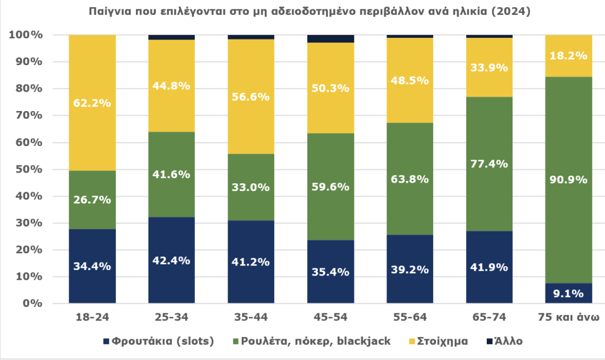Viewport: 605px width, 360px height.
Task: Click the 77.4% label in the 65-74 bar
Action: pos(490,164)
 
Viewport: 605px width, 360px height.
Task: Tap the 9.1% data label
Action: pos(569,292)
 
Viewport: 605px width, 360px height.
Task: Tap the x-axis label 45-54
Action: pos(331,317)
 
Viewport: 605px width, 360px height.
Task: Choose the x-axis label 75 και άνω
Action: pos(569,317)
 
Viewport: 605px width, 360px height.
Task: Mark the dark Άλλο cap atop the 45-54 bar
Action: pos(331,38)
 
